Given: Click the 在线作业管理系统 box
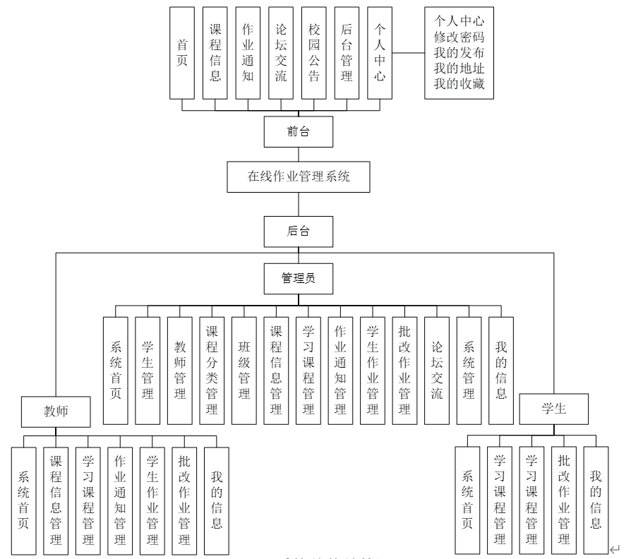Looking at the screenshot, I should pos(299,176).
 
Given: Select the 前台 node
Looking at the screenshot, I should pos(299,131).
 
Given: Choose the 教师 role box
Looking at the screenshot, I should pos(56,410).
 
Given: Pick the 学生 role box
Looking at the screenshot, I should pos(554,409).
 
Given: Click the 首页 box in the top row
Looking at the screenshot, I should pos(182,53).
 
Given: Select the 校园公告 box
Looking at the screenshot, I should pos(314,53).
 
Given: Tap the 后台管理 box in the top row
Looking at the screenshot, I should pos(347,53).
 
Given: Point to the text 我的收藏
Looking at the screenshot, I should pos(459,85).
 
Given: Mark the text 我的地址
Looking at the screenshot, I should pos(459,69).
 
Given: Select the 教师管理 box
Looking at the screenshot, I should pos(180,371).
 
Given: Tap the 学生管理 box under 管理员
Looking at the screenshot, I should pos(148,371).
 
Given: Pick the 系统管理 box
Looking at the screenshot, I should pos(469,371).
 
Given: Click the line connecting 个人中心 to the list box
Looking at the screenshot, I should pos(408,53).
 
